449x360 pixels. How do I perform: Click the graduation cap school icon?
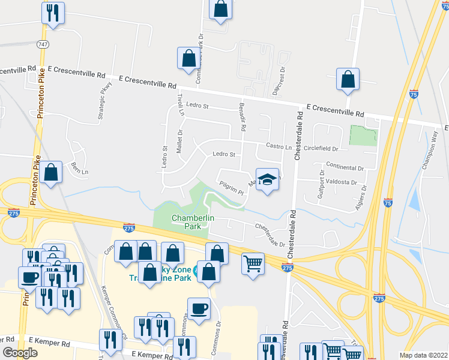pyautogui.click(x=268, y=179)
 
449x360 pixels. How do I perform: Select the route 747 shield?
pyautogui.click(x=42, y=44)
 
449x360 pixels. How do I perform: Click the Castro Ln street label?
pyautogui.click(x=279, y=147)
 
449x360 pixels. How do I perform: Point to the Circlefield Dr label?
pyautogui.click(x=321, y=148)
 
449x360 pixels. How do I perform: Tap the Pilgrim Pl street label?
pyautogui.click(x=231, y=189)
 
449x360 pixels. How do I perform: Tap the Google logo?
pyautogui.click(x=20, y=353)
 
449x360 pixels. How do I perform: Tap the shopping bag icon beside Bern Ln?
pyautogui.click(x=52, y=173)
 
